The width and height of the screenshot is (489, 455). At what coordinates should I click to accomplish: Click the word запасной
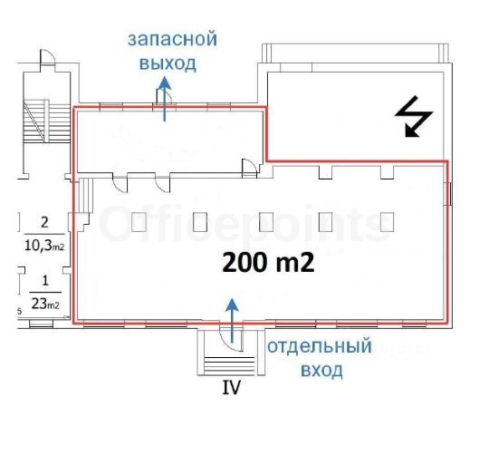point(172,40)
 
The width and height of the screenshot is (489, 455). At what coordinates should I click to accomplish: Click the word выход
point(168,63)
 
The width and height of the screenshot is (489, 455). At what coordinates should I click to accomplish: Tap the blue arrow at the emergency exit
point(165,99)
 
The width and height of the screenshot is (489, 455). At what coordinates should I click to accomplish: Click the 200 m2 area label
point(268,262)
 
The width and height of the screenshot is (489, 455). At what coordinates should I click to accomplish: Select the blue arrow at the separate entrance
point(232,321)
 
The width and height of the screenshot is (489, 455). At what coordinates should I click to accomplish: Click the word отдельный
point(320,346)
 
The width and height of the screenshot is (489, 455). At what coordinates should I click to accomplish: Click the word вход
point(321,371)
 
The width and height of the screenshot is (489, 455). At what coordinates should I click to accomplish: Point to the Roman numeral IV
point(232,387)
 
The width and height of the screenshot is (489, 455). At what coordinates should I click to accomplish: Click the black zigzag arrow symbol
point(414,116)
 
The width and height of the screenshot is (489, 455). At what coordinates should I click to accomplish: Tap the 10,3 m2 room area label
point(44,246)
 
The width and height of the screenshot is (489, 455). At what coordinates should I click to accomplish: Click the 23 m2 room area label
point(45,304)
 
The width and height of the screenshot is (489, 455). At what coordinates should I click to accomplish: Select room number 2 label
point(44,223)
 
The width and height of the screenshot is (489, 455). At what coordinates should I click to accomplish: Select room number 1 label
point(45,281)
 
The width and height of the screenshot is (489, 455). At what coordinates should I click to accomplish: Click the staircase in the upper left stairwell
point(46,121)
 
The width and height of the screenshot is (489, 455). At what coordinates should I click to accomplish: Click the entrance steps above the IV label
point(229,364)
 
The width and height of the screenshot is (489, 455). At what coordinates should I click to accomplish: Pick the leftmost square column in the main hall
point(139,222)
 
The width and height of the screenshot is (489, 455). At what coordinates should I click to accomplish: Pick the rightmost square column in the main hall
point(387,222)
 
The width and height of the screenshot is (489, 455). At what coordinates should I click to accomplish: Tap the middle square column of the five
point(266,222)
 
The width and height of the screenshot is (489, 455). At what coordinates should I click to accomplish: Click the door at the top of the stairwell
point(48,57)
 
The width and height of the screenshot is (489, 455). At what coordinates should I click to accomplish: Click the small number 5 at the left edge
point(19,311)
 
